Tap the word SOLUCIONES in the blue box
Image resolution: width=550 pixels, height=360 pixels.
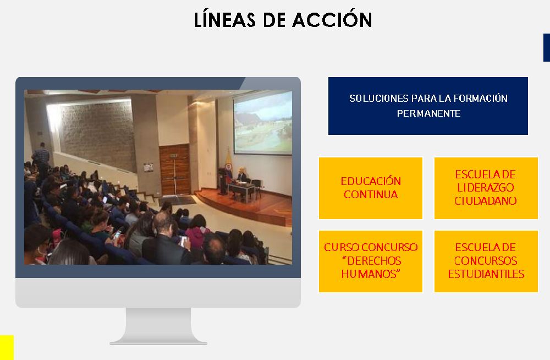click(x=379, y=99)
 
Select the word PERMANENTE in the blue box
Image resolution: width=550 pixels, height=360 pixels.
click(x=428, y=113)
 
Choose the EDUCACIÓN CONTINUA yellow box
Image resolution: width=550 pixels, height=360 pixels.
click(x=371, y=188)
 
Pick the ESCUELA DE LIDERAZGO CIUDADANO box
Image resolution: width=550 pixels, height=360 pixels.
click(x=486, y=188)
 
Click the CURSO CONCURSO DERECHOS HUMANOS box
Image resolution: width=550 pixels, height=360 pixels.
click(x=371, y=261)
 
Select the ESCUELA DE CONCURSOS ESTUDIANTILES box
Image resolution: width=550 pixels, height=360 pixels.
click(x=486, y=261)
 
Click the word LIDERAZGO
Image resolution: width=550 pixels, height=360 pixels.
click(x=486, y=188)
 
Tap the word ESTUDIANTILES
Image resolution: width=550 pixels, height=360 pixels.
click(x=486, y=274)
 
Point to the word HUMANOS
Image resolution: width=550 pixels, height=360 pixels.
click(x=371, y=274)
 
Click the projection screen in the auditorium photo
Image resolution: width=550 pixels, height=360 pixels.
click(x=263, y=122)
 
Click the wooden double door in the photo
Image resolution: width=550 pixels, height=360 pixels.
click(x=175, y=170)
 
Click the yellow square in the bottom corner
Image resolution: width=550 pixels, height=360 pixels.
click(x=7, y=347)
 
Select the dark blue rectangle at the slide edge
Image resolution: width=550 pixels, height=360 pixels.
click(x=547, y=47)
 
